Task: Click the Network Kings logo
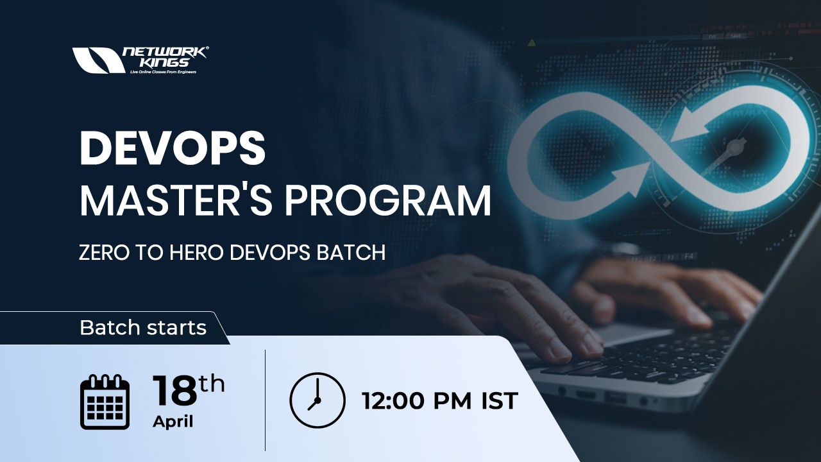tap(140, 60)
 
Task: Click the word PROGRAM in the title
tap(388, 200)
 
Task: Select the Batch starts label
tap(143, 328)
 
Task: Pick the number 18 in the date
tap(174, 391)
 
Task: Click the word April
tap(173, 422)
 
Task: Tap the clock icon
tap(317, 400)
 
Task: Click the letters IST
tap(499, 401)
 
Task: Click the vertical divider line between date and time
tap(265, 400)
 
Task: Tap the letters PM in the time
tap(453, 401)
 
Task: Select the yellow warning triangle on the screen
tap(531, 43)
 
